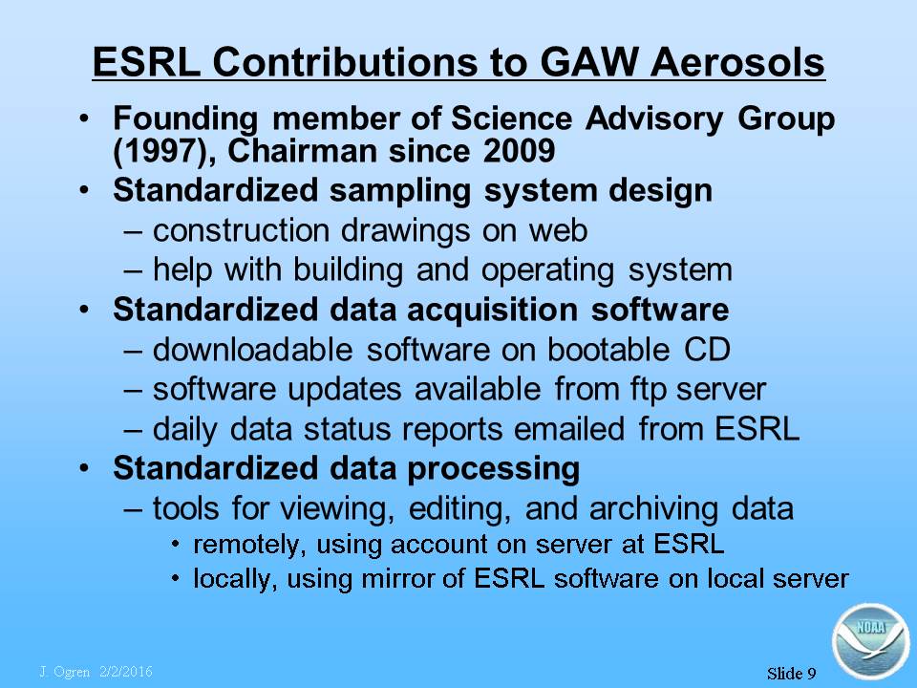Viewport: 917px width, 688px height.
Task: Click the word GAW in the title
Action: point(589,61)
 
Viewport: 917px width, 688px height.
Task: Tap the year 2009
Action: point(519,151)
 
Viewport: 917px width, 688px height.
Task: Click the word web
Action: point(558,230)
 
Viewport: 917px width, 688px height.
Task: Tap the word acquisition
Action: point(492,310)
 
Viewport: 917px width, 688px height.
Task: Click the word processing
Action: point(493,469)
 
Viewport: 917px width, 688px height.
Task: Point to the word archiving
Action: point(653,508)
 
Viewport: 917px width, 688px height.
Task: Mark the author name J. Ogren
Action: point(64,672)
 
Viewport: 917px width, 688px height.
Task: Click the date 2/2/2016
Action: point(126,672)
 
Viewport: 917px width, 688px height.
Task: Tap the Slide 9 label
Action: point(791,674)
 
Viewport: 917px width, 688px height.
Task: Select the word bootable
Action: point(608,350)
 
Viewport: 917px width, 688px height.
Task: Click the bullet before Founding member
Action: point(85,118)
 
